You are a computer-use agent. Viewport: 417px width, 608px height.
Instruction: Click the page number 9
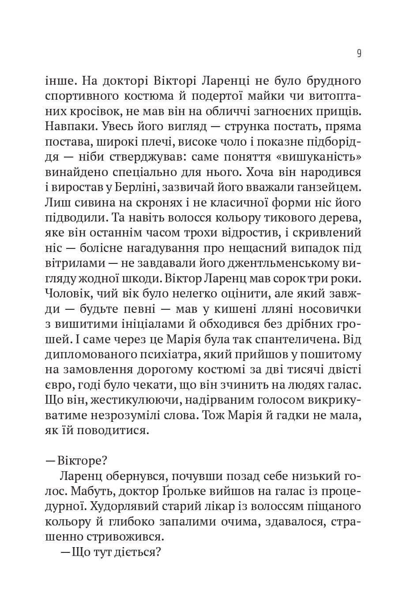coord(359,54)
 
